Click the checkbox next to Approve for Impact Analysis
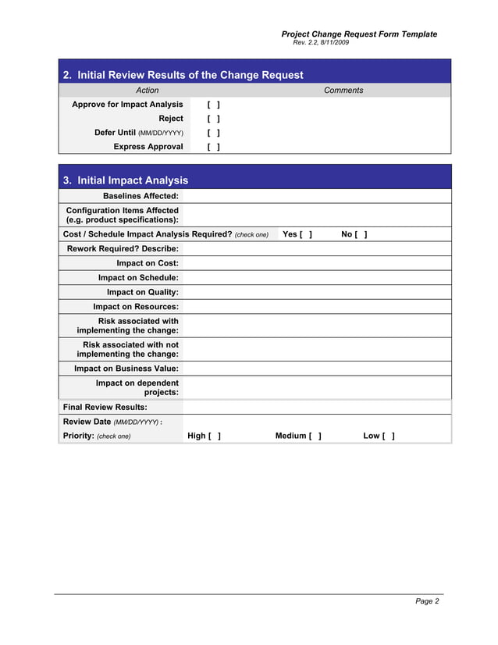(213, 105)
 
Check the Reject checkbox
(213, 119)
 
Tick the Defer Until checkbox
(213, 133)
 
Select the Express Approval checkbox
(213, 147)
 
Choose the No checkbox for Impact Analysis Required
(360, 234)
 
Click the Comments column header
(343, 91)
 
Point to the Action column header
(148, 91)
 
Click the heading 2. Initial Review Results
(183, 76)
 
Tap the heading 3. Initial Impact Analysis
(125, 180)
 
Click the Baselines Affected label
(141, 196)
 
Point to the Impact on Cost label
(148, 263)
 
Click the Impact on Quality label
(142, 292)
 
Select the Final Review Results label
(105, 407)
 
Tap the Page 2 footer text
(426, 601)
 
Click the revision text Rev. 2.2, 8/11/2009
(321, 42)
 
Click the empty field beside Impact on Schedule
(316, 277)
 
